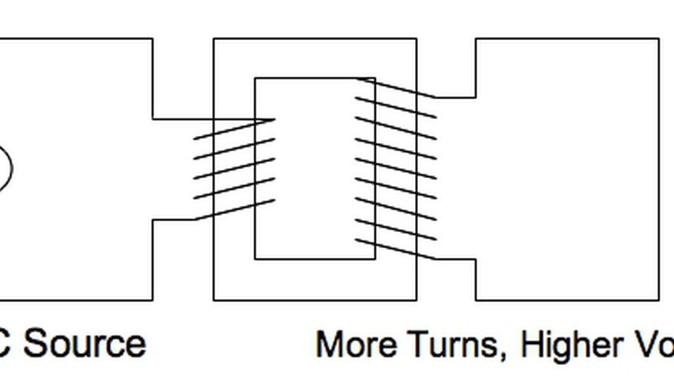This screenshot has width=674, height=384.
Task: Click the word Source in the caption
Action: (x=85, y=343)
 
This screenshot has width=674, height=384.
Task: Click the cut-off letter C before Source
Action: (x=5, y=344)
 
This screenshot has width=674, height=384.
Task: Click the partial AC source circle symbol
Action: (x=5, y=168)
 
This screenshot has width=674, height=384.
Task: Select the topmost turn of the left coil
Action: (x=234, y=128)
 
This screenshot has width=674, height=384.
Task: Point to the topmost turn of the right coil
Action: (x=395, y=88)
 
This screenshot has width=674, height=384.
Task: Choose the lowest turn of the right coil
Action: (x=395, y=249)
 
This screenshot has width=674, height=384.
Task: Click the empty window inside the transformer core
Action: (x=314, y=169)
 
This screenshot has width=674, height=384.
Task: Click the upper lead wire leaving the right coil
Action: (x=455, y=98)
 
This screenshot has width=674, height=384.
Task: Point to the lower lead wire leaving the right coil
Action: (x=455, y=259)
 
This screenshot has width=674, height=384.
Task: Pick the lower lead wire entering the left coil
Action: (x=174, y=220)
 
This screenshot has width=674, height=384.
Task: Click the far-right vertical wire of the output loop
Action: (x=659, y=169)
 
